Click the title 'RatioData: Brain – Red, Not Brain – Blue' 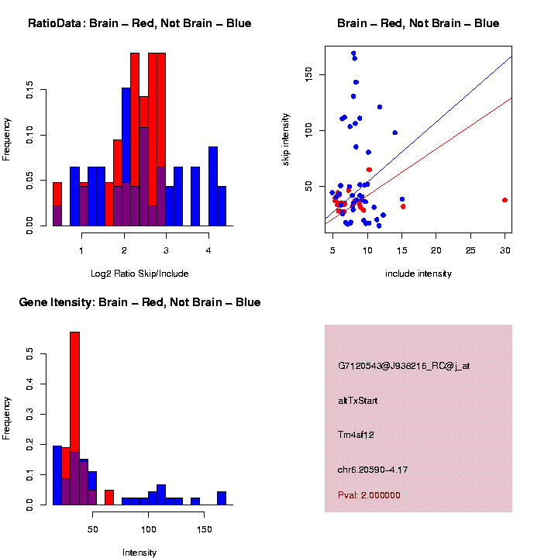[139, 23]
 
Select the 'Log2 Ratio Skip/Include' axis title [139, 273]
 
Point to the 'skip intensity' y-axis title [286, 138]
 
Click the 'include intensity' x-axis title [418, 273]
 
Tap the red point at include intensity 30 [505, 200]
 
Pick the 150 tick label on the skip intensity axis [308, 74]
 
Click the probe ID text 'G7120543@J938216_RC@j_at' [404, 365]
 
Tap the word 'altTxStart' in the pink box [358, 401]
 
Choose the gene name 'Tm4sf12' [356, 435]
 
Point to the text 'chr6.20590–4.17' [373, 470]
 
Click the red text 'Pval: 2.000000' [369, 495]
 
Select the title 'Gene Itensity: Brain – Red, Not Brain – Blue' [139, 302]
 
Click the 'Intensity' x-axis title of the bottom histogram [139, 553]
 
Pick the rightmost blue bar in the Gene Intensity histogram [222, 498]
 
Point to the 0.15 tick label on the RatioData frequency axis [29, 91]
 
